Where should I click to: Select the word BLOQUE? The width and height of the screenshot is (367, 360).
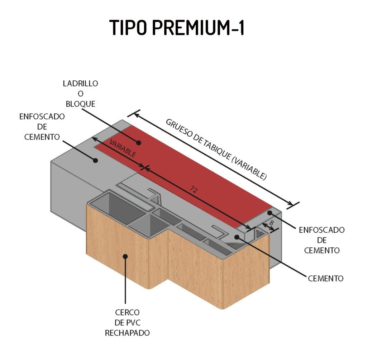(x=83, y=104)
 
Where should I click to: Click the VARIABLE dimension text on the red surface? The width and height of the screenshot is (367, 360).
(x=122, y=149)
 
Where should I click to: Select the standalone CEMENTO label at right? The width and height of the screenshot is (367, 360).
(x=325, y=279)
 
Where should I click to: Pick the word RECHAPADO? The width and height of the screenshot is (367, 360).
(x=127, y=333)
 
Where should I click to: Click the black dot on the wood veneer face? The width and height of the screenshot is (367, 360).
(x=125, y=256)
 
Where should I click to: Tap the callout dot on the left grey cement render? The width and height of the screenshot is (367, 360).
(x=95, y=160)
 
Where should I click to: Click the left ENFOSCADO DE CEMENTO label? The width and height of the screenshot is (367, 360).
(x=42, y=127)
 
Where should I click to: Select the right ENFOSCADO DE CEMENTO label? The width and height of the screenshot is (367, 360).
(x=321, y=240)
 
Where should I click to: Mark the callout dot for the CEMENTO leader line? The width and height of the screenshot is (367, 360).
(x=237, y=237)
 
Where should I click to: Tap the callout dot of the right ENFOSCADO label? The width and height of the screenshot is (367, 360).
(x=270, y=213)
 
